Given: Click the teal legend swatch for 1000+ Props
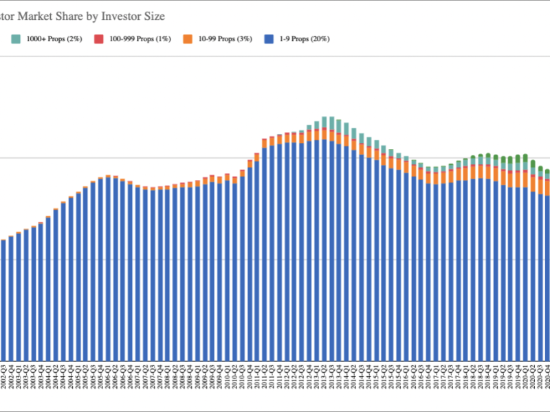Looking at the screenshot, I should coord(15,39).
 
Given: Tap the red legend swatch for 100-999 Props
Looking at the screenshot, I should coord(99,39).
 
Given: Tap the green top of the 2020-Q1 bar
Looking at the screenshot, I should coord(525,158).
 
